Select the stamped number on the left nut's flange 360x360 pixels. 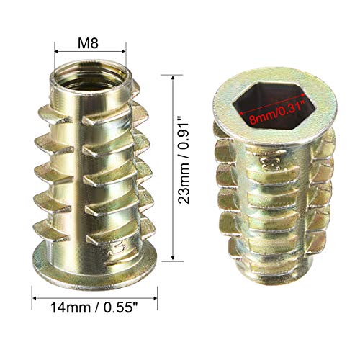pos(109,252)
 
